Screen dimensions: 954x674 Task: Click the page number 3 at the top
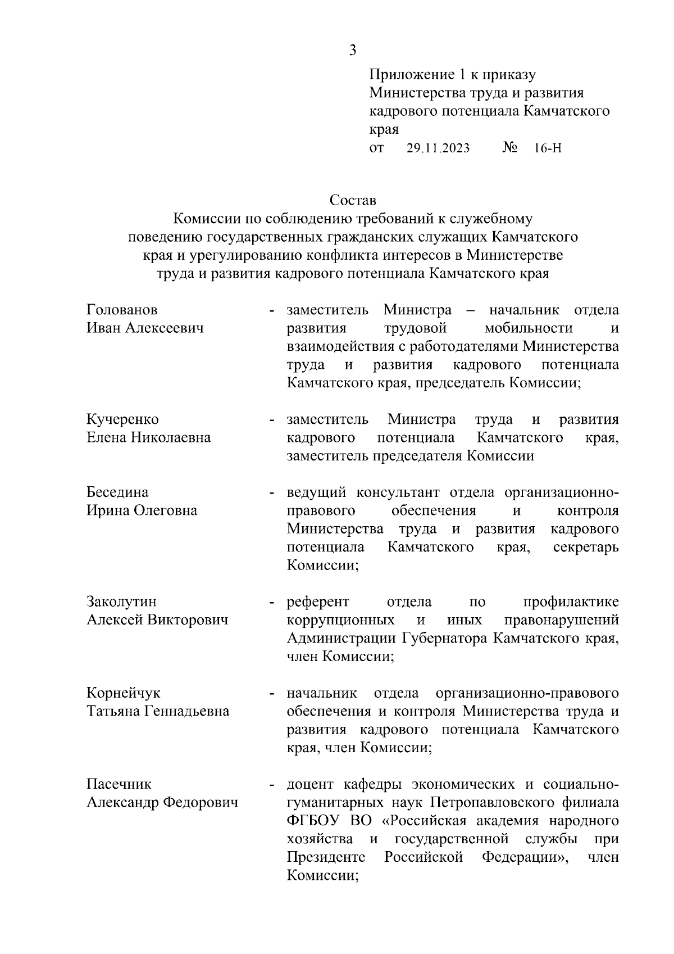pyautogui.click(x=352, y=51)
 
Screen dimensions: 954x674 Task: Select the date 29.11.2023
pyautogui.click(x=438, y=148)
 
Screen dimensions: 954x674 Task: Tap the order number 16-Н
pyautogui.click(x=548, y=148)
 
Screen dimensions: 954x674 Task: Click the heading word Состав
pyautogui.click(x=353, y=200)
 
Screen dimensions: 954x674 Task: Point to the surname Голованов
pyautogui.click(x=122, y=310)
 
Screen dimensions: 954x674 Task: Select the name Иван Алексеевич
pyautogui.click(x=145, y=328)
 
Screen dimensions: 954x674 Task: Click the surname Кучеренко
pyautogui.click(x=122, y=419)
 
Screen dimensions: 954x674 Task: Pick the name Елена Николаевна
pyautogui.click(x=149, y=437)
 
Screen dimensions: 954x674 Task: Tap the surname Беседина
pyautogui.click(x=117, y=492)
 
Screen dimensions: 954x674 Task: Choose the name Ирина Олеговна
pyautogui.click(x=142, y=510)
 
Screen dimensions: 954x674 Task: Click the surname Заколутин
pyautogui.click(x=122, y=602)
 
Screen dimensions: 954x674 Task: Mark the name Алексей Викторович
pyautogui.click(x=157, y=620)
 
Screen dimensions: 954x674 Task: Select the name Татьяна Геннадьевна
pyautogui.click(x=158, y=711)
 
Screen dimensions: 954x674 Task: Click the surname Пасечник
pyautogui.click(x=119, y=784)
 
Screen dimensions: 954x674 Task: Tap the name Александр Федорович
pyautogui.click(x=162, y=802)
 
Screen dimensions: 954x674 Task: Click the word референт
pyautogui.click(x=317, y=602)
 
